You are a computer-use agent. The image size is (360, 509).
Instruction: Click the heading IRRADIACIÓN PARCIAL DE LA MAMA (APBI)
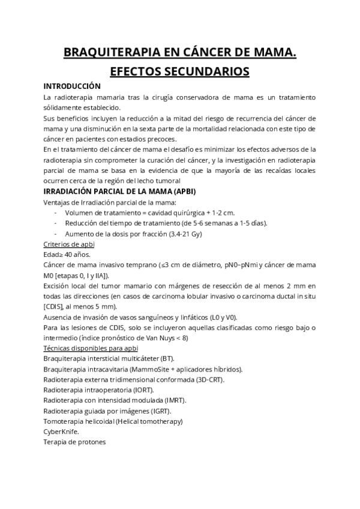[x=120, y=191]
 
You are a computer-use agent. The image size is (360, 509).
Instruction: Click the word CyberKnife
[x=61, y=431]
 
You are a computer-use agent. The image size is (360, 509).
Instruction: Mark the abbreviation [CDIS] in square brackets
[x=55, y=306]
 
